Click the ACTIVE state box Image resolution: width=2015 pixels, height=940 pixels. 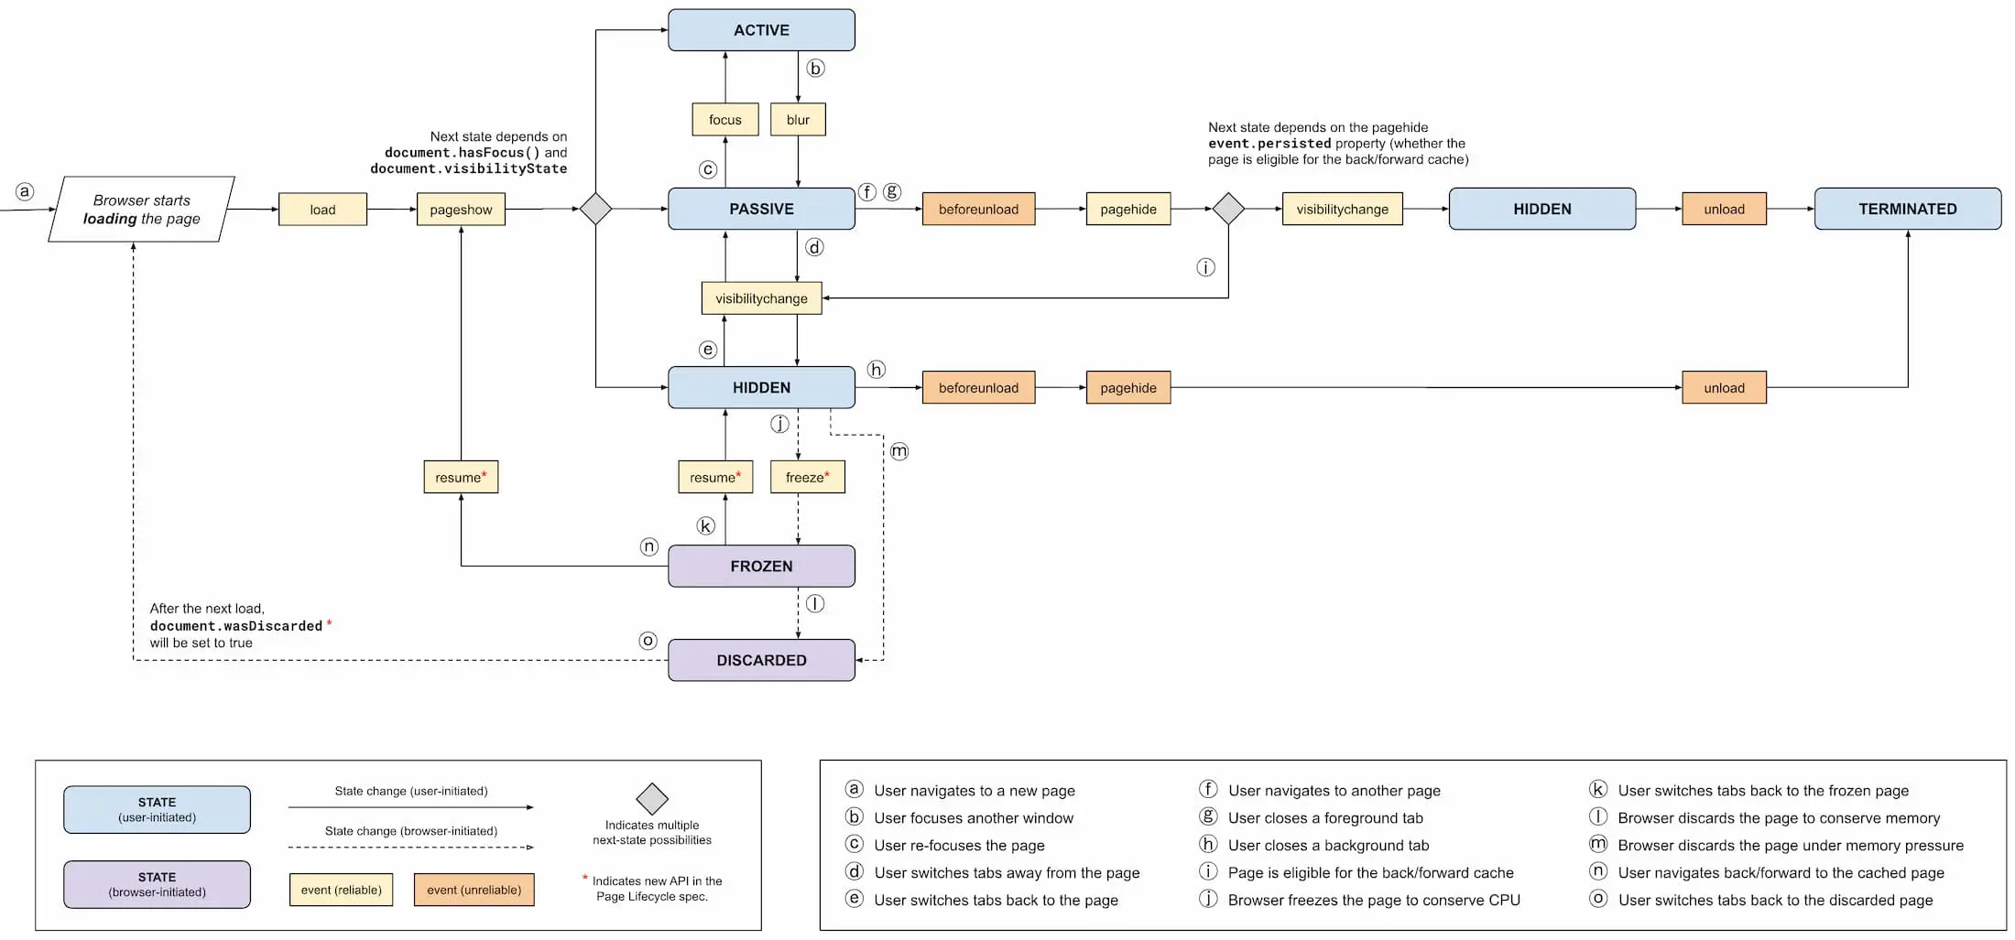click(761, 30)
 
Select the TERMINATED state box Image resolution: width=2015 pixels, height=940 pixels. click(1907, 209)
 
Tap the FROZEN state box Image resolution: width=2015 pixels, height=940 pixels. click(761, 566)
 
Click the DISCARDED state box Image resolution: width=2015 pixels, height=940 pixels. click(761, 660)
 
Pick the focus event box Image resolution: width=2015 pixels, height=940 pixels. click(724, 120)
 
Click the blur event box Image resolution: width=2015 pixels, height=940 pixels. click(798, 120)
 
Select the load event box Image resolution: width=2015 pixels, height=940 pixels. click(322, 210)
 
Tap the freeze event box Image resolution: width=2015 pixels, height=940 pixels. click(807, 477)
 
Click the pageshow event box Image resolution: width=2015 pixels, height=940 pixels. click(461, 210)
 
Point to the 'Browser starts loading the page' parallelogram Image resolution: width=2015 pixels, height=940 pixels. click(141, 210)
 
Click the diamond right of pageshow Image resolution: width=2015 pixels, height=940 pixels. click(595, 209)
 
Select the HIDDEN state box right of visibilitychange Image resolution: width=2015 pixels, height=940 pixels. click(1541, 209)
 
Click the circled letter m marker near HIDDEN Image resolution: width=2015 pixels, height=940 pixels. click(899, 451)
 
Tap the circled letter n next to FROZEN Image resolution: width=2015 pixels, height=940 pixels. click(648, 546)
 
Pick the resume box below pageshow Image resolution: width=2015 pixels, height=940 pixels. click(461, 477)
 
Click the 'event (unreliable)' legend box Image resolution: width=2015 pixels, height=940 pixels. click(474, 890)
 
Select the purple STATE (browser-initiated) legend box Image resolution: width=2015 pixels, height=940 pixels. click(157, 884)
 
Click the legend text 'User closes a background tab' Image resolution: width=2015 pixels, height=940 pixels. click(1328, 846)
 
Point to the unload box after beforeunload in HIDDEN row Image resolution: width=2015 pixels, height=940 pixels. click(1724, 388)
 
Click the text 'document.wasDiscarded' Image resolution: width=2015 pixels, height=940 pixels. click(236, 626)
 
